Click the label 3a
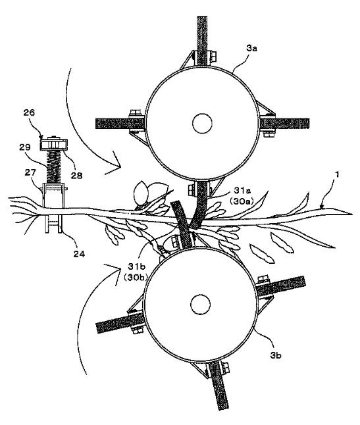[x=251, y=49]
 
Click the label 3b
[x=275, y=355]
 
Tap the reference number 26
[x=29, y=113]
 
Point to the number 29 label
[x=24, y=147]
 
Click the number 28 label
[x=76, y=176]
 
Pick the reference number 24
[x=79, y=254]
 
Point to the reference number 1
[x=337, y=174]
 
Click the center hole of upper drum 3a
[x=202, y=123]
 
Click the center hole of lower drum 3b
[x=200, y=305]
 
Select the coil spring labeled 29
[x=54, y=167]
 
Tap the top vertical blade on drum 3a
[x=202, y=41]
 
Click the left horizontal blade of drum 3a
[x=120, y=124]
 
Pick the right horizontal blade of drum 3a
[x=284, y=124]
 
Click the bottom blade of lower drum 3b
[x=219, y=385]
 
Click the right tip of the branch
[x=352, y=214]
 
